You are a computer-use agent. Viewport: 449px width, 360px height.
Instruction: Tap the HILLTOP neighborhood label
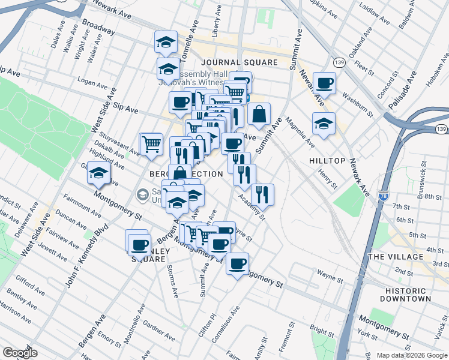click(x=327, y=161)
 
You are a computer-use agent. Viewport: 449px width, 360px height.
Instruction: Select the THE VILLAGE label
click(x=396, y=257)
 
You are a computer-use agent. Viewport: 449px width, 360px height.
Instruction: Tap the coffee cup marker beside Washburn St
click(x=324, y=83)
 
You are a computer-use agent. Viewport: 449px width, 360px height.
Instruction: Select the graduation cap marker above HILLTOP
click(x=324, y=124)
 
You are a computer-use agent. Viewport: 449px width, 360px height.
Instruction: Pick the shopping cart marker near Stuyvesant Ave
click(x=151, y=143)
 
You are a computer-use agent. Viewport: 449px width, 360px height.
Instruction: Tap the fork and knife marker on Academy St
click(x=262, y=194)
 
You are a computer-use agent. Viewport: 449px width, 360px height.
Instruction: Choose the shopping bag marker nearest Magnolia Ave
click(x=259, y=114)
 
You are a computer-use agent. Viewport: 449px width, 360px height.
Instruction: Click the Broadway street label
click(x=98, y=28)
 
